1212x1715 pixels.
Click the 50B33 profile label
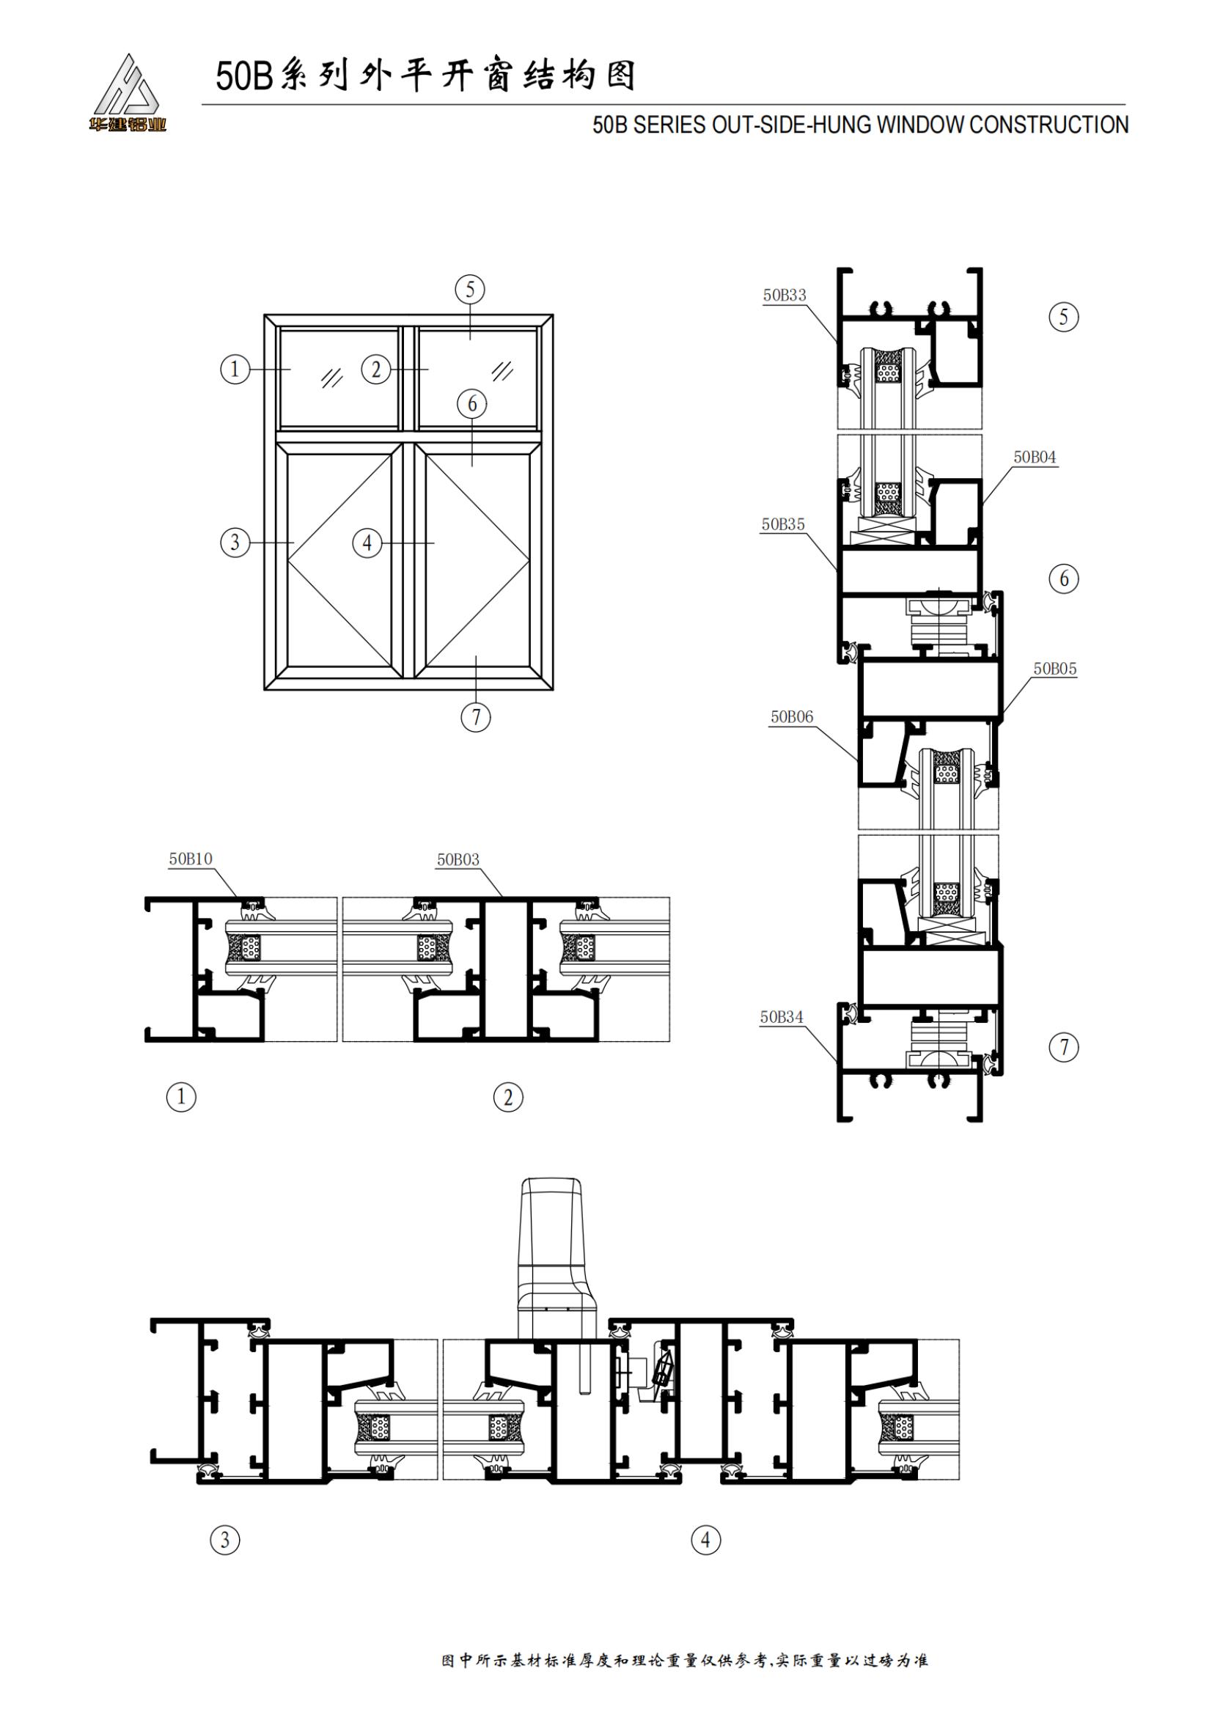point(784,295)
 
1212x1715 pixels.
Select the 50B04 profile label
point(1035,457)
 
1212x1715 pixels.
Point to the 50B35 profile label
point(782,524)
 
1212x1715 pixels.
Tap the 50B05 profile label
point(1055,669)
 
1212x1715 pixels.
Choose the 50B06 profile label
point(792,717)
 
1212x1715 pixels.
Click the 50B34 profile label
point(782,1016)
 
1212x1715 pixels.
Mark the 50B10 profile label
point(191,859)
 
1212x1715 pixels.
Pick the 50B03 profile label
point(458,860)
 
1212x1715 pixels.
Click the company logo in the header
point(128,92)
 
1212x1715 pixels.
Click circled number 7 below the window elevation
point(476,717)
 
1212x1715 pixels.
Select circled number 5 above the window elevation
point(470,289)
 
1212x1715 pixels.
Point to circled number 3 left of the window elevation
point(235,542)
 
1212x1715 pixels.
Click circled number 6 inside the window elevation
point(472,404)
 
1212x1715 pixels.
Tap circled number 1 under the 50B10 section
point(180,1098)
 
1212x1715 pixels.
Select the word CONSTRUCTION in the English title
point(1049,125)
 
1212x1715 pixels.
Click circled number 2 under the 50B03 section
point(509,1098)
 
